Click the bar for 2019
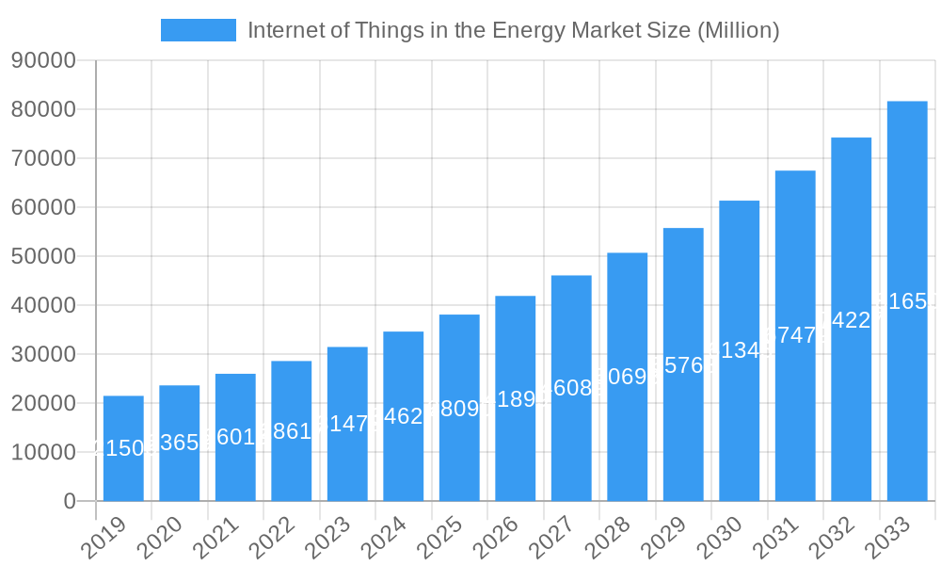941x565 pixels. [x=123, y=448]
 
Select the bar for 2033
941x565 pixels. [x=907, y=301]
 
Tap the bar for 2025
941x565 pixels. [x=459, y=408]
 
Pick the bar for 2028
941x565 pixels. [x=627, y=377]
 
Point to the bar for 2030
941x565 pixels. [x=739, y=350]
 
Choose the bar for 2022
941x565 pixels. [x=291, y=431]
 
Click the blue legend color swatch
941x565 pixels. [x=199, y=30]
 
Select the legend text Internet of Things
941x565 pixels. [x=311, y=30]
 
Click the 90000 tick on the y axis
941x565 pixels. [x=43, y=60]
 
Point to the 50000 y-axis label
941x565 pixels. [x=43, y=256]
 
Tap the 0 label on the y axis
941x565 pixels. [x=70, y=501]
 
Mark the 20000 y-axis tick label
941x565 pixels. [x=43, y=403]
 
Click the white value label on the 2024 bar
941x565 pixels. [x=403, y=416]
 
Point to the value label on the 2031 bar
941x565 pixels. [x=795, y=335]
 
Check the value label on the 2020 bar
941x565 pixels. [x=179, y=443]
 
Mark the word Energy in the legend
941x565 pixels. [x=530, y=30]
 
